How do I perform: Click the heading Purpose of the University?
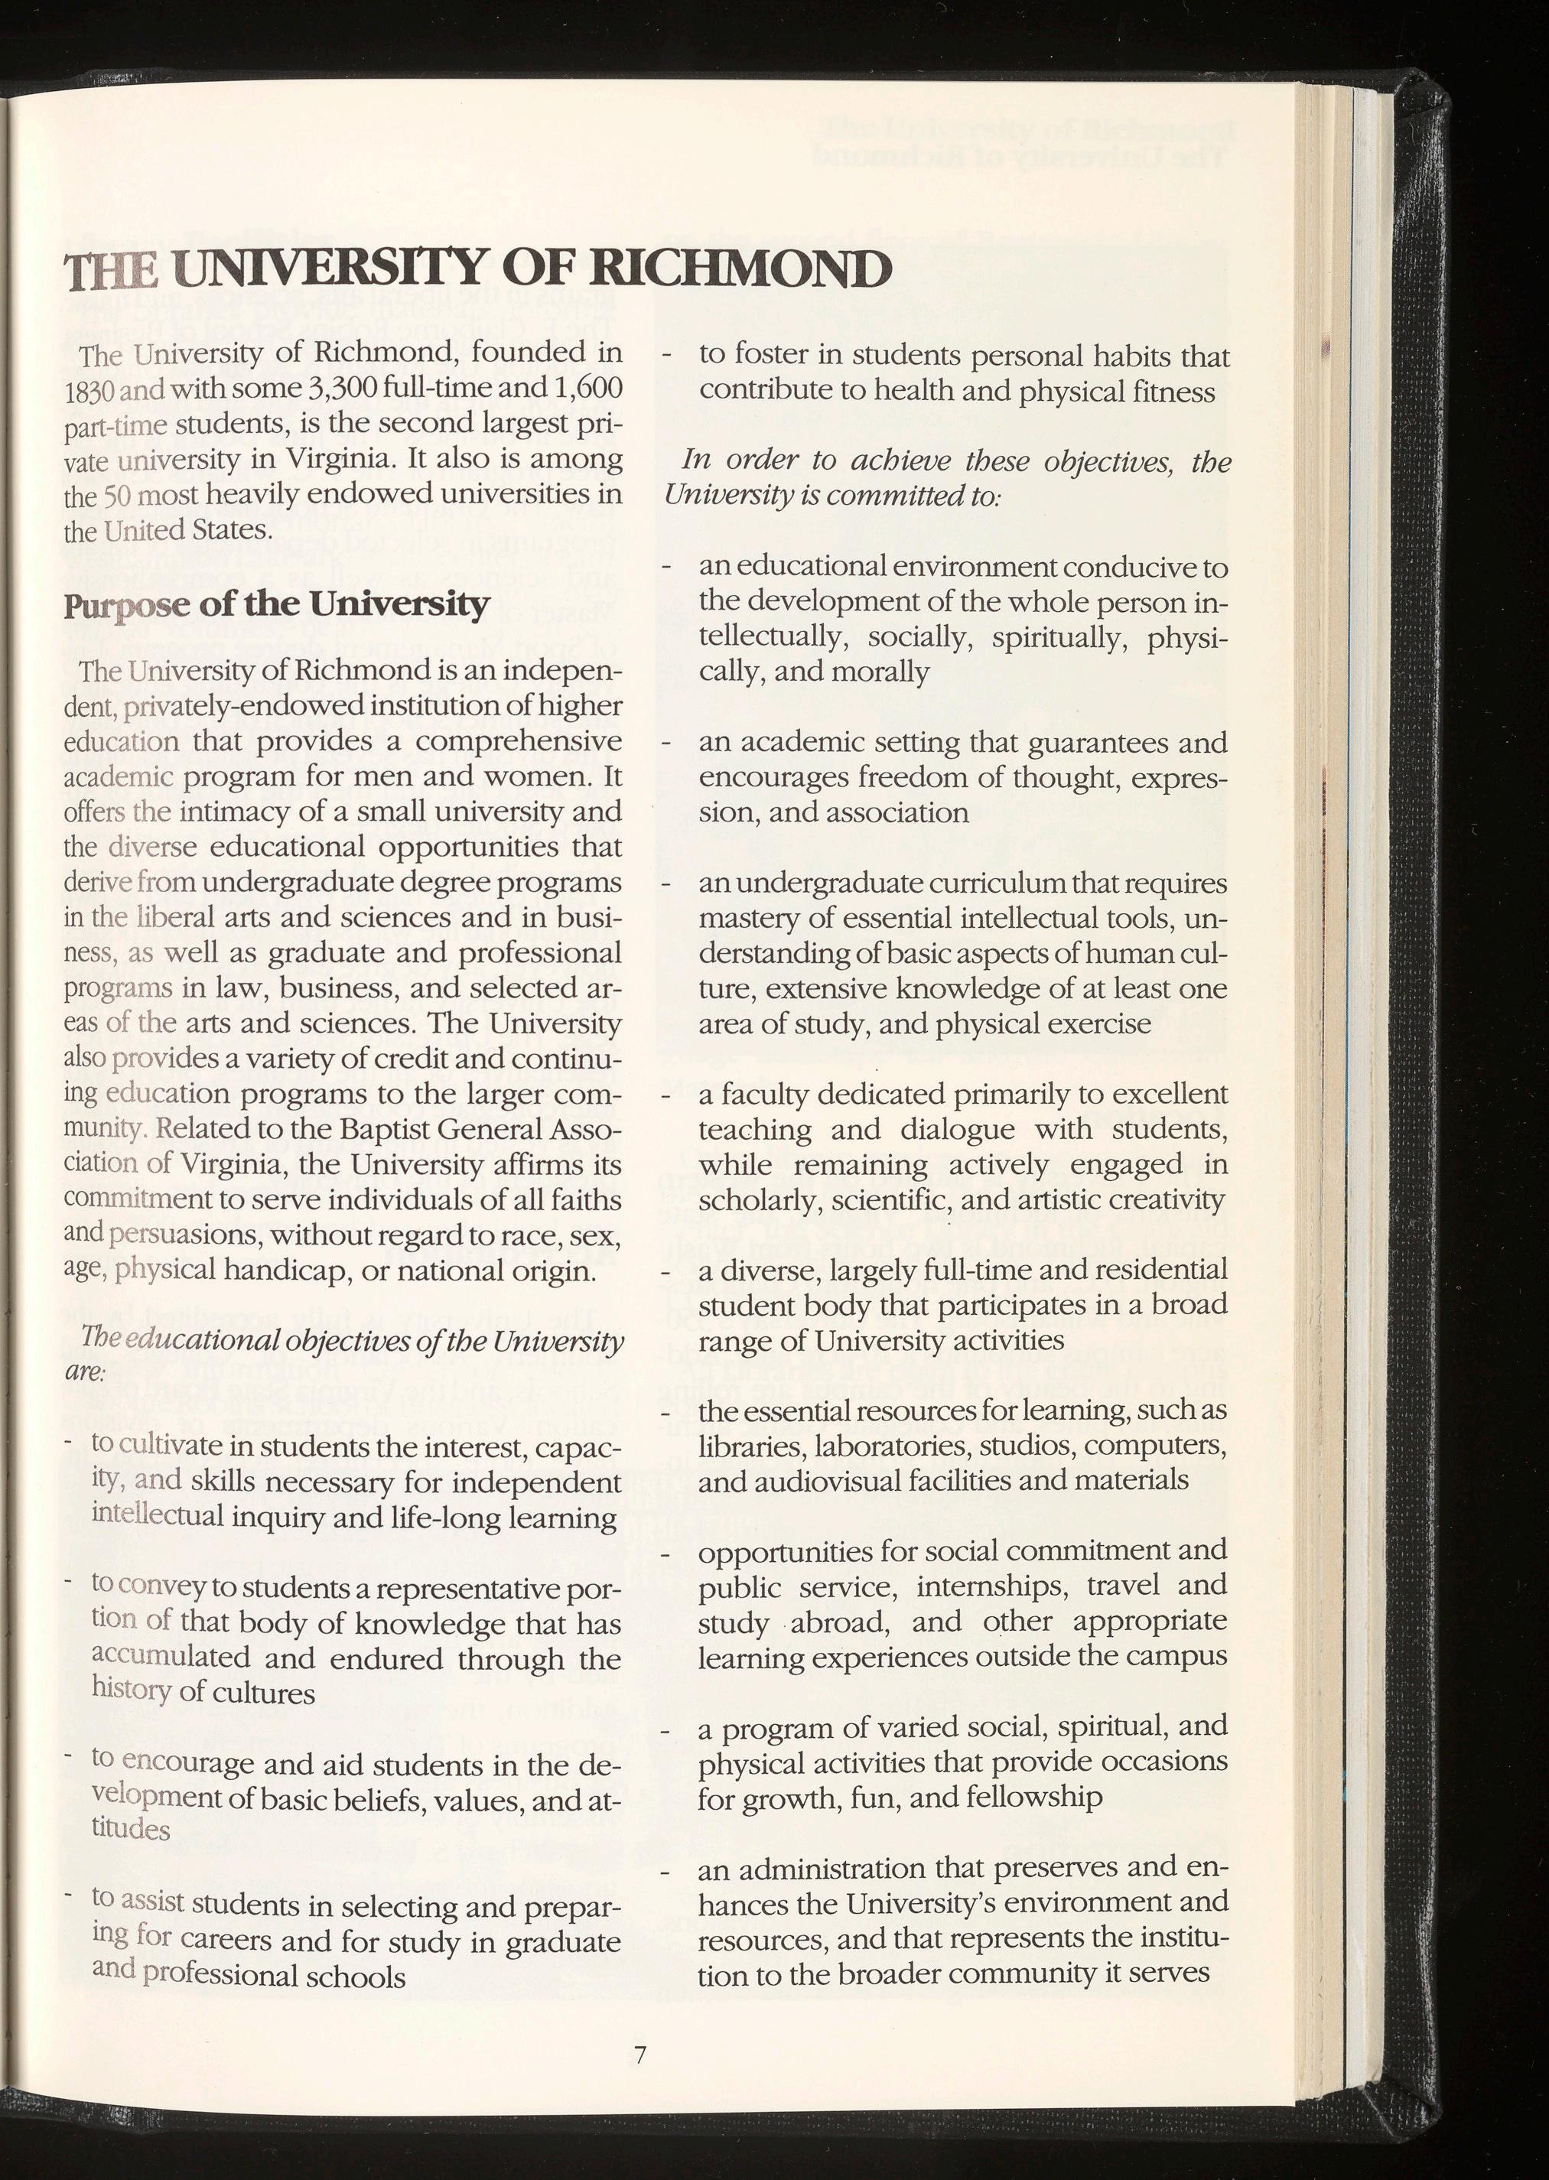pos(277,604)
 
